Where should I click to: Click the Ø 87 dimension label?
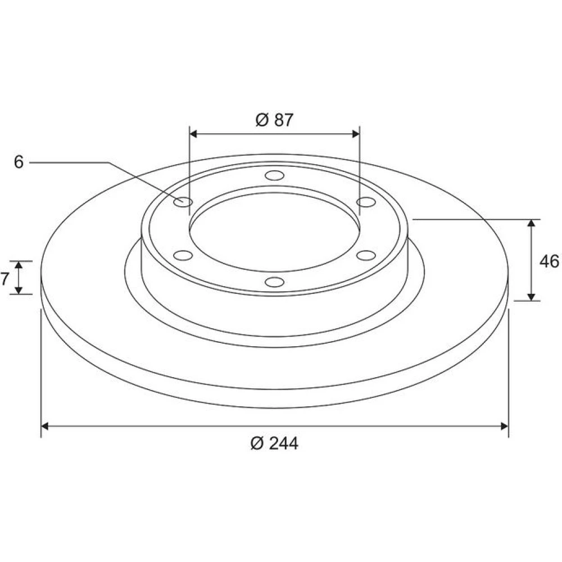274,120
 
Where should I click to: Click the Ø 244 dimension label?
274,443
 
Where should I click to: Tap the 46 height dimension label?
549,261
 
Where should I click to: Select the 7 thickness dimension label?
4,279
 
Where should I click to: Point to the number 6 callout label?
19,162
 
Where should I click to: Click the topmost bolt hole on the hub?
275,175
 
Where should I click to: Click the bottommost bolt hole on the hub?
275,282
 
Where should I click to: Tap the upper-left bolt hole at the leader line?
183,202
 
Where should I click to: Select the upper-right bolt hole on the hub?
366,202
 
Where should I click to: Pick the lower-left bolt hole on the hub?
183,256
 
